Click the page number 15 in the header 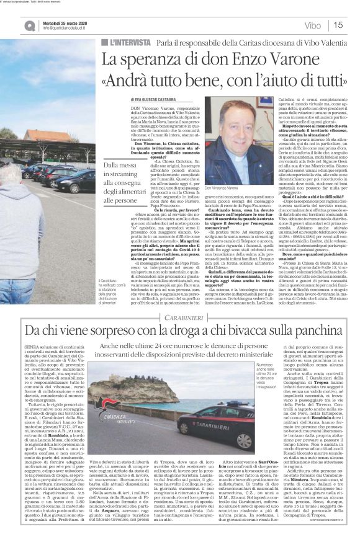click(x=340, y=25)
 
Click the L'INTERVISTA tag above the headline click(x=127, y=42)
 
